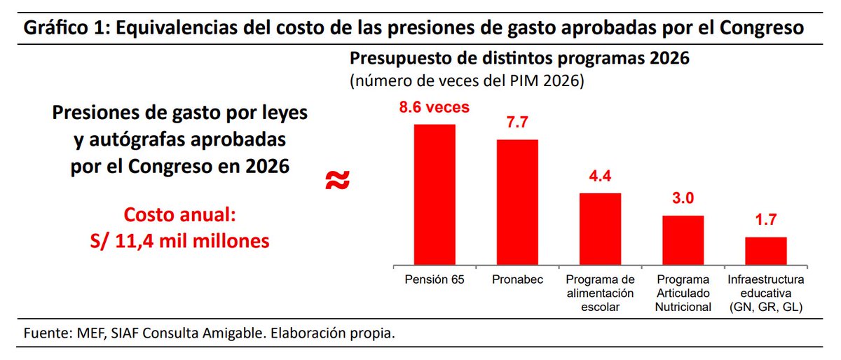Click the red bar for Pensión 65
point(435,194)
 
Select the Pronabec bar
point(517,202)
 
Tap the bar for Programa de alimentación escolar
point(600,228)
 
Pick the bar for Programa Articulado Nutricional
point(683,240)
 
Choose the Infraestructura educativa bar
point(765,250)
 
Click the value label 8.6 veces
point(435,109)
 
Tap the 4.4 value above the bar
point(600,177)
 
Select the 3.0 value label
point(683,199)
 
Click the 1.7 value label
point(765,221)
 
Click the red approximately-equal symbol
point(338,181)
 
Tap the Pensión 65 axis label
point(435,279)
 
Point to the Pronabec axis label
point(517,279)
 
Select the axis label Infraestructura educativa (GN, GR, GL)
point(765,293)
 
